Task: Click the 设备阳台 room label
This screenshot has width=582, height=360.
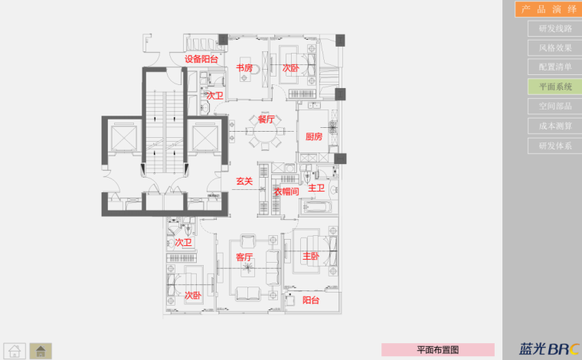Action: pyautogui.click(x=201, y=60)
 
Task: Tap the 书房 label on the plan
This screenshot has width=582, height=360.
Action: pyautogui.click(x=244, y=68)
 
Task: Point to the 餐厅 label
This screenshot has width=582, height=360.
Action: pyautogui.click(x=266, y=119)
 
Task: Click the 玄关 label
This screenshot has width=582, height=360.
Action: pyautogui.click(x=244, y=182)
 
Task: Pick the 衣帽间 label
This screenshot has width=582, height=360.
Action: pyautogui.click(x=286, y=191)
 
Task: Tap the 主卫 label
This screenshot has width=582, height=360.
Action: pyautogui.click(x=316, y=188)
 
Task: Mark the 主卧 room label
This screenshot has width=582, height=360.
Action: pyautogui.click(x=310, y=256)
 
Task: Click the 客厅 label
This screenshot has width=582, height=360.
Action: pyautogui.click(x=244, y=257)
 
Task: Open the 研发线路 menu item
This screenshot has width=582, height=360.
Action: pyautogui.click(x=554, y=29)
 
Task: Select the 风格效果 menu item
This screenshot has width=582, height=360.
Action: pyautogui.click(x=554, y=48)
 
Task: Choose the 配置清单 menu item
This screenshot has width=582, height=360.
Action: pyautogui.click(x=554, y=67)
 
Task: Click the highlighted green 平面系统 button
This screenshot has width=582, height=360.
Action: pyautogui.click(x=554, y=87)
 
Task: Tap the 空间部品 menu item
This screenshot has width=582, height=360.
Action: pyautogui.click(x=554, y=106)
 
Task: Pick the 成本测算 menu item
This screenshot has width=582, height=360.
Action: pyautogui.click(x=554, y=126)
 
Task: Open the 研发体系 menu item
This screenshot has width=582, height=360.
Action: pyautogui.click(x=554, y=145)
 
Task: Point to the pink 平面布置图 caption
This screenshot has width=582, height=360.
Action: pyautogui.click(x=437, y=349)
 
